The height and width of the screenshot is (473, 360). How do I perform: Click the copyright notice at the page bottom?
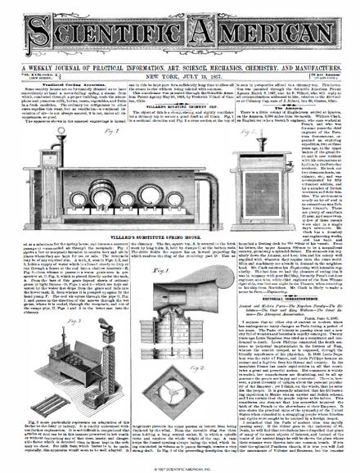(180, 468)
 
